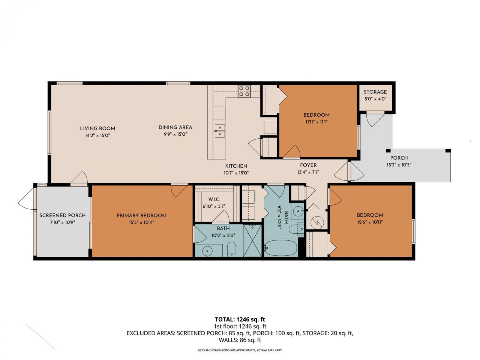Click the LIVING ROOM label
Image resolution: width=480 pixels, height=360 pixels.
click(x=97, y=128)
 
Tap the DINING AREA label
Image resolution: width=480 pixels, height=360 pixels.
click(x=175, y=127)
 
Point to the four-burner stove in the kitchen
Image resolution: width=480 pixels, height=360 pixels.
click(x=244, y=91)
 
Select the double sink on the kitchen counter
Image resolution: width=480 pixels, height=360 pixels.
click(x=219, y=130)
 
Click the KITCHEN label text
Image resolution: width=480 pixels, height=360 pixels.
click(x=236, y=166)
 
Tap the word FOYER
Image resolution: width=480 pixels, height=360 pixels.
click(x=308, y=165)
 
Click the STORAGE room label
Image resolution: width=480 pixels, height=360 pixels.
click(x=375, y=92)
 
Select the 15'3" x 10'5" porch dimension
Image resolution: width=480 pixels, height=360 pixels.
click(x=399, y=165)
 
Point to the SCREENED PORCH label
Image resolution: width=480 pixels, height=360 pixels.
click(x=62, y=215)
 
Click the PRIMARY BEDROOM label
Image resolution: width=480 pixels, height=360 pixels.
click(x=141, y=215)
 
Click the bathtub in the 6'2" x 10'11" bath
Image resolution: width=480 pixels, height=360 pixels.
click(x=280, y=248)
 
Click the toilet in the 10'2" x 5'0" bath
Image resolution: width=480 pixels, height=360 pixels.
click(x=232, y=249)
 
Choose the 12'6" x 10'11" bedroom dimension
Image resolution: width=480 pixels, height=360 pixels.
click(x=370, y=222)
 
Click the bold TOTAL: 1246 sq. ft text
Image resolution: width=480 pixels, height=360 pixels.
click(x=240, y=319)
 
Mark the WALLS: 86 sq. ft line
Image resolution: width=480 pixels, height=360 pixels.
click(x=240, y=340)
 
